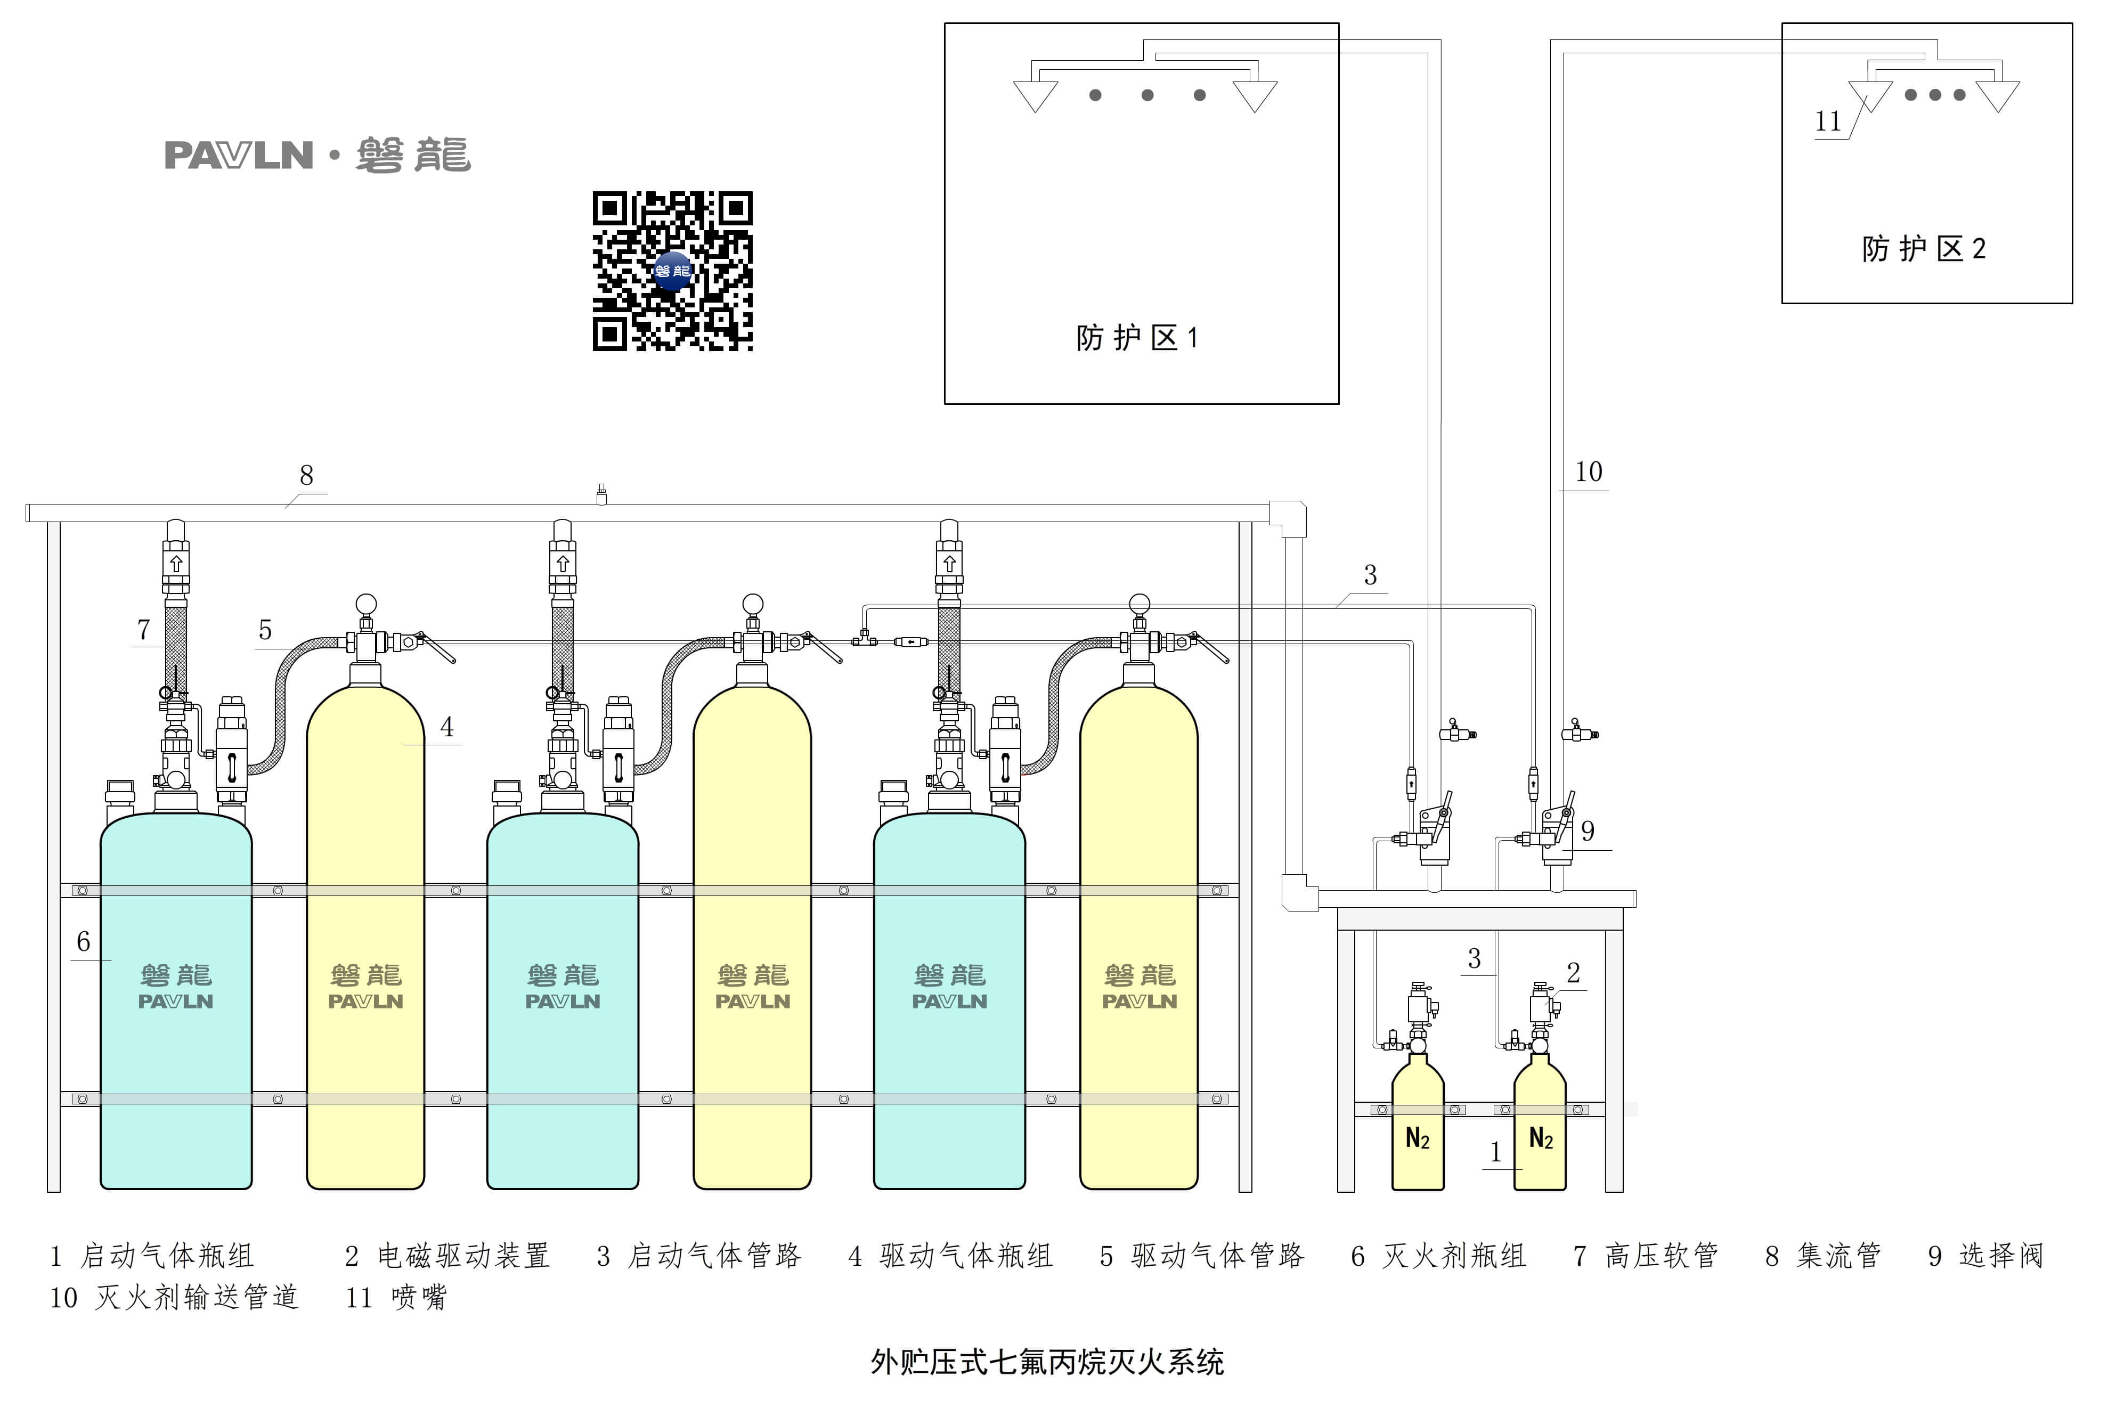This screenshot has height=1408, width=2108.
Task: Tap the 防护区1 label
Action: (x=1137, y=338)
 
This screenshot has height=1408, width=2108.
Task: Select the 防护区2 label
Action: (x=1923, y=249)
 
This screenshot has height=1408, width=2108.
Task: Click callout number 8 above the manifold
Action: (x=306, y=475)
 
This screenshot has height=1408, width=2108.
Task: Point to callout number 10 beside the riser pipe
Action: (x=1588, y=471)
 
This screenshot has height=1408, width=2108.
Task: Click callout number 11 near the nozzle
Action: (x=1828, y=121)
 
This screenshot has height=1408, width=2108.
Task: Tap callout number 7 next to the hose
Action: (x=143, y=630)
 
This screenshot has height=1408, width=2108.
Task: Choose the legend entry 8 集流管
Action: (x=1822, y=1255)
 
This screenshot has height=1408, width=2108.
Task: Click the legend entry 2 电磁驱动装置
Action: (x=447, y=1255)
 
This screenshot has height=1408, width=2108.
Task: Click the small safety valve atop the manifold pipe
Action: (x=601, y=494)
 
